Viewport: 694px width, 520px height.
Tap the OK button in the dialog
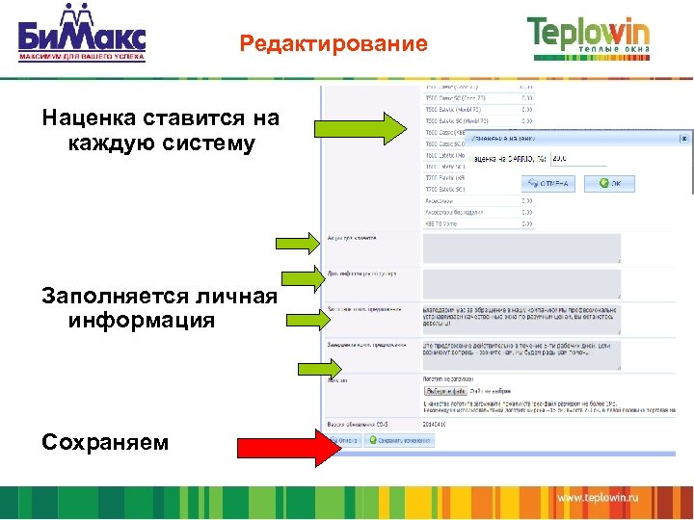[x=610, y=182]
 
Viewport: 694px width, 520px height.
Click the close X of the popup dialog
[x=684, y=139]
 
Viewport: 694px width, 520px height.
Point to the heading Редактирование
[x=334, y=44]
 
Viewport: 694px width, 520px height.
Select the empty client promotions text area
[x=521, y=247]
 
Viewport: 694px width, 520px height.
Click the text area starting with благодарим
[x=521, y=316]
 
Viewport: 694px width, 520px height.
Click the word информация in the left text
[x=142, y=320]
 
